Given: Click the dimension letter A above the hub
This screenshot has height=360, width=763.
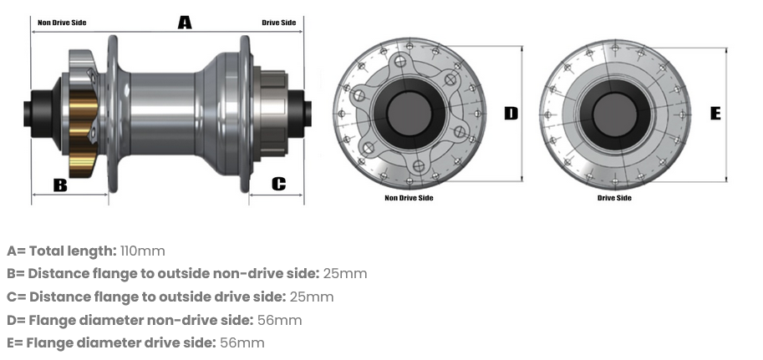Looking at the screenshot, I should point(185,23).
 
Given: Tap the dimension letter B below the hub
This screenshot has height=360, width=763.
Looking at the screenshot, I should point(60,185).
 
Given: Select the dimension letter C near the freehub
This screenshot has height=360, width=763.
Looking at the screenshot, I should point(278,184).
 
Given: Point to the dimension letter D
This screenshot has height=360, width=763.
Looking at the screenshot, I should point(511,114).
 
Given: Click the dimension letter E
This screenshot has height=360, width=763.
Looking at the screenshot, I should point(715,114).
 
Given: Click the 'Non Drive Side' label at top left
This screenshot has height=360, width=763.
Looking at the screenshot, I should point(63,23).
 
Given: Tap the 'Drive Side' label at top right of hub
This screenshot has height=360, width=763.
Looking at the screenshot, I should point(278,23).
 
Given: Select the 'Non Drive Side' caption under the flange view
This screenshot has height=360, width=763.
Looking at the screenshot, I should point(409,198).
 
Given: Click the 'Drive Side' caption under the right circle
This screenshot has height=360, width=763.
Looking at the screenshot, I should point(614,198).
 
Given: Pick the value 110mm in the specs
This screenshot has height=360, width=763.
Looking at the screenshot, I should point(143,251).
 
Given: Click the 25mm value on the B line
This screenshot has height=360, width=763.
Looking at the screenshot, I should point(345,273).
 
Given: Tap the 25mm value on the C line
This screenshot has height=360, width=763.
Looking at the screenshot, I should point(312,297).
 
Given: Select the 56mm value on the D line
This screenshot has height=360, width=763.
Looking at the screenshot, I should point(280,320).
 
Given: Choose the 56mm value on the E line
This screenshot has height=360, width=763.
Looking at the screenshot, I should point(242,342).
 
